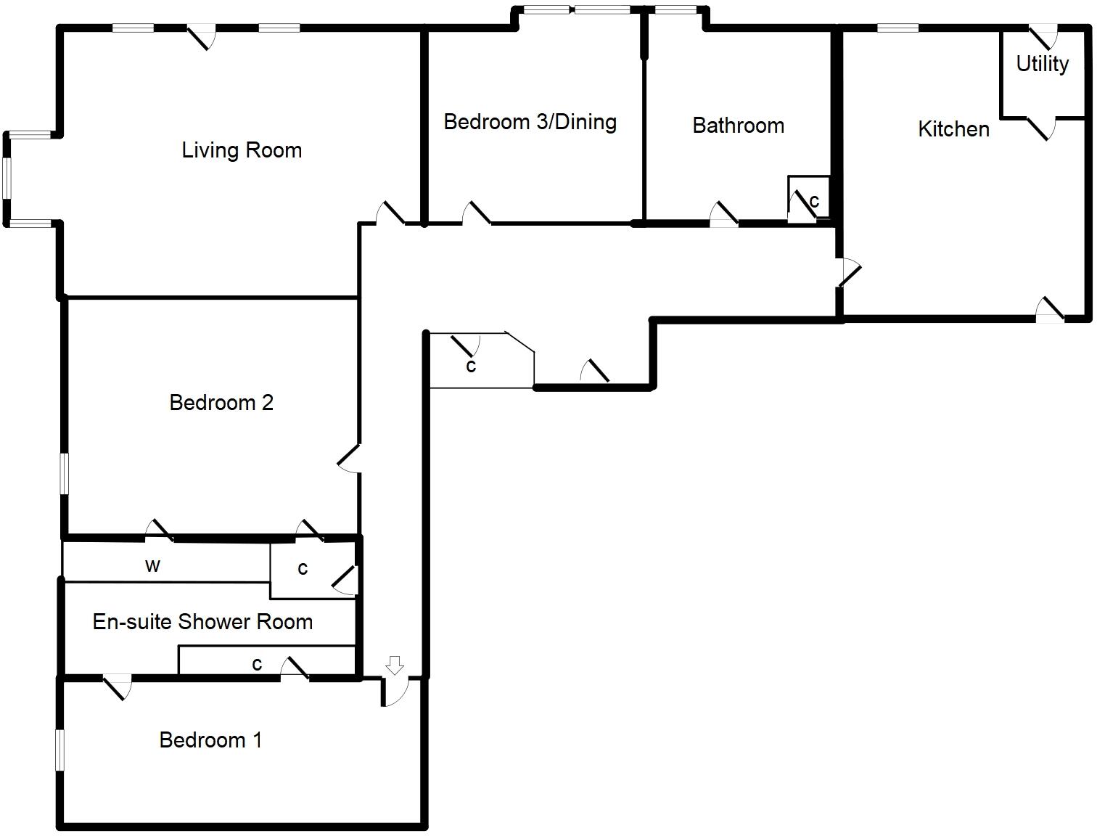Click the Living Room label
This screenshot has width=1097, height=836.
[x=242, y=150]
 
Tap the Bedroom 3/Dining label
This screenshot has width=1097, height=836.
[x=530, y=122]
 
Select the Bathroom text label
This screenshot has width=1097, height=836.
[x=738, y=126]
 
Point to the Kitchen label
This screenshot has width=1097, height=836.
[x=953, y=129]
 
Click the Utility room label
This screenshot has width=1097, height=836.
[x=1042, y=64]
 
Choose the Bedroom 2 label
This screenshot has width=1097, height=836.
[x=221, y=403]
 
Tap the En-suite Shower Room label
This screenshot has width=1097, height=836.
[x=202, y=622]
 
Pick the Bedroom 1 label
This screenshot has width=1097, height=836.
[x=210, y=740]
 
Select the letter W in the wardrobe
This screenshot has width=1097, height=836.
[x=152, y=567]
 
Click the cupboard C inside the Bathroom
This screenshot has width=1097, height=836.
[x=814, y=201]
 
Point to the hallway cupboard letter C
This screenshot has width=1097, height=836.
[x=471, y=366]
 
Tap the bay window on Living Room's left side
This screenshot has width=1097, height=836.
[x=7, y=178]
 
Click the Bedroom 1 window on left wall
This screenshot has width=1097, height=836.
[x=61, y=748]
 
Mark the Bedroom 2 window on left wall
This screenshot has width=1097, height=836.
[x=65, y=474]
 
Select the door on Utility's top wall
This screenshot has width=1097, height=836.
[x=1043, y=36]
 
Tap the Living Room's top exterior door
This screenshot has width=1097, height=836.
[x=202, y=36]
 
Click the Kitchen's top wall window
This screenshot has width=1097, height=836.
[x=897, y=29]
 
